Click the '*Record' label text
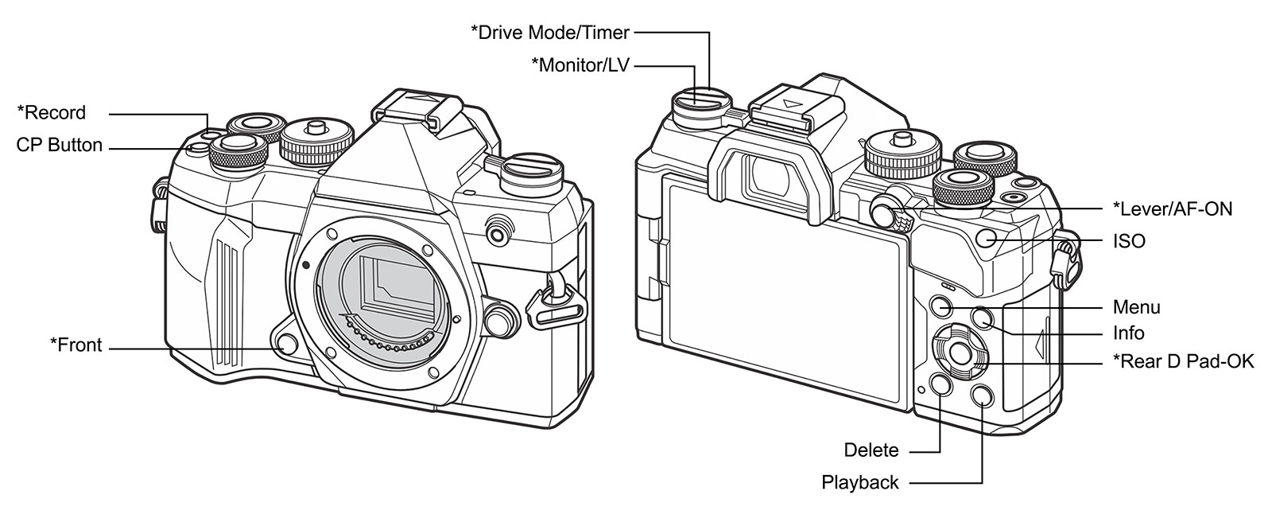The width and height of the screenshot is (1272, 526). point(51,113)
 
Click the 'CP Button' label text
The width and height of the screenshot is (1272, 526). point(59,146)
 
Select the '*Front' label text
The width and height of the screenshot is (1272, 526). point(76,345)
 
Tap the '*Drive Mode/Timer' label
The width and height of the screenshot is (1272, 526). point(550,33)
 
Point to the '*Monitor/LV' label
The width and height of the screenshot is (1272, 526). point(580,65)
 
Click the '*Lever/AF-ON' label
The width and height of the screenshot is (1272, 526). point(1173,209)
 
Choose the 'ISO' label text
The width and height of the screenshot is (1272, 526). point(1129,241)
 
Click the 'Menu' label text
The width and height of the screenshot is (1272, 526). point(1136,307)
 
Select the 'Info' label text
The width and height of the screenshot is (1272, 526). point(1128,333)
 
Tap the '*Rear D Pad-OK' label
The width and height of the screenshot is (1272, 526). point(1183,362)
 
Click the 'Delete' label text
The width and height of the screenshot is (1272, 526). point(871,451)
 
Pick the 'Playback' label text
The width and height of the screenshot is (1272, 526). point(860,483)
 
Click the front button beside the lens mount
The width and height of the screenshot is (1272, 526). point(287,343)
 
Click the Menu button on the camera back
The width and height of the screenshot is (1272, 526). point(940,306)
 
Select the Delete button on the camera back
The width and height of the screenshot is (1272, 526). point(940,385)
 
